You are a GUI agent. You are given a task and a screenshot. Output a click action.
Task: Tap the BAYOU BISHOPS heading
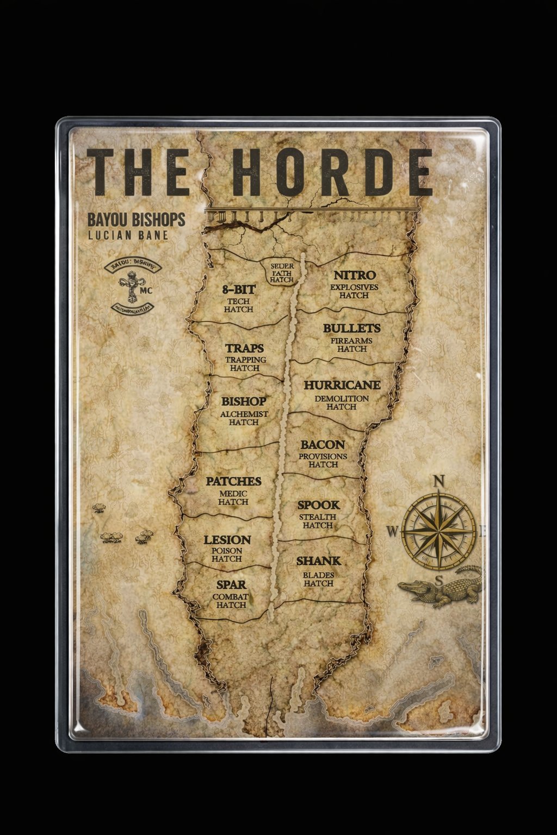(136, 220)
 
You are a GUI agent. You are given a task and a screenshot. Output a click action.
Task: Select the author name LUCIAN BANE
(128, 235)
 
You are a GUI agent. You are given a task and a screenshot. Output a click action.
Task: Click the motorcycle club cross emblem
(131, 288)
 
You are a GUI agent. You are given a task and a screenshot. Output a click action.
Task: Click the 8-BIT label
(238, 290)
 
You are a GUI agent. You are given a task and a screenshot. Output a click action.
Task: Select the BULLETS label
(351, 328)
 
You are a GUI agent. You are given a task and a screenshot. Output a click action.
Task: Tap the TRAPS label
(244, 348)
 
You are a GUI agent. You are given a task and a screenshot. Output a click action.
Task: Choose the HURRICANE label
(342, 385)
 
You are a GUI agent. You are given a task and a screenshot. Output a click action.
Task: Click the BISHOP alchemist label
(243, 401)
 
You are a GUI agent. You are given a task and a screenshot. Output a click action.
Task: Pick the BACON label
(323, 445)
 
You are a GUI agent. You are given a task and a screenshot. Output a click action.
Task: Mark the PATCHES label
(233, 481)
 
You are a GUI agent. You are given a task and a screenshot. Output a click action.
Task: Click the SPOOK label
(318, 505)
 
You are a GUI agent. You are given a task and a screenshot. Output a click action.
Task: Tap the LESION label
(227, 540)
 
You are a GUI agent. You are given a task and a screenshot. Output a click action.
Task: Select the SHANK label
(318, 560)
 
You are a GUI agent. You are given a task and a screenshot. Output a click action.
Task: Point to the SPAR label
(231, 585)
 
